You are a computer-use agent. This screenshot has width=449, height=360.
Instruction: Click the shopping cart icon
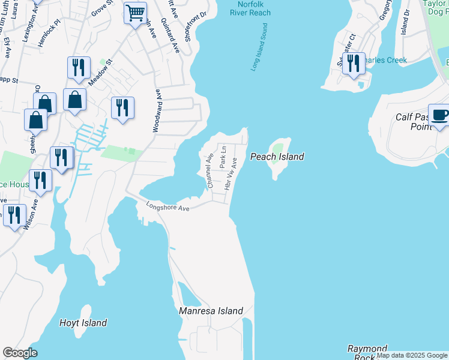tap(136, 13)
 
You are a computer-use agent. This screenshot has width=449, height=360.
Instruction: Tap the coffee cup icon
tap(439, 115)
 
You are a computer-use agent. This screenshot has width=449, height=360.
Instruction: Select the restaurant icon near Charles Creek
tap(354, 64)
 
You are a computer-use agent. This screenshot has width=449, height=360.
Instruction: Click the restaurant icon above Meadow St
tap(79, 68)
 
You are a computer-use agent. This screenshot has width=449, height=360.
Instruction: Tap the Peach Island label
tap(277, 157)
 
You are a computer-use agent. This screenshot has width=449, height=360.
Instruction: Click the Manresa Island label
tap(211, 311)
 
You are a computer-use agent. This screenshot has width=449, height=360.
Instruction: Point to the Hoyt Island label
tap(83, 323)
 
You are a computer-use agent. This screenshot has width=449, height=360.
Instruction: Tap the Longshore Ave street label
tap(168, 206)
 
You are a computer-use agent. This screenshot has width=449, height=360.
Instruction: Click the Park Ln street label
tap(222, 157)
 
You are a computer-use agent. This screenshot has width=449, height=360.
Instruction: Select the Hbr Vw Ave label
tap(231, 174)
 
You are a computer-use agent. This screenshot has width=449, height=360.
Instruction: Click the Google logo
tap(20, 353)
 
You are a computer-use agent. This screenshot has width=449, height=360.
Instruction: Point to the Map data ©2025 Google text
tap(412, 355)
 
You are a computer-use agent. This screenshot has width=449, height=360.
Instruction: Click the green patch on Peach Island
tap(277, 147)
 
